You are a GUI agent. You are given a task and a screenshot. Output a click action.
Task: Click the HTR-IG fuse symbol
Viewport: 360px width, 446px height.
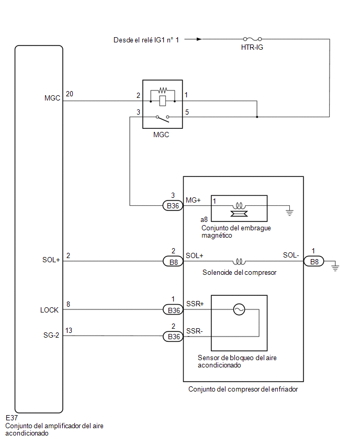point(252,39)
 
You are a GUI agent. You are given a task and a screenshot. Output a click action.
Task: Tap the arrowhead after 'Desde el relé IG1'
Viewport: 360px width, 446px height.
point(199,39)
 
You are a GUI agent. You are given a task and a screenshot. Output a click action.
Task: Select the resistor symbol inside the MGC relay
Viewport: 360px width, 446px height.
point(163,91)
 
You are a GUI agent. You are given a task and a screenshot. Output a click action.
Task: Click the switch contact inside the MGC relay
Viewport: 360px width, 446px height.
point(163,118)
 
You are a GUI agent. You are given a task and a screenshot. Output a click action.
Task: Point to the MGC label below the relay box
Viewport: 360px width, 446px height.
point(161,135)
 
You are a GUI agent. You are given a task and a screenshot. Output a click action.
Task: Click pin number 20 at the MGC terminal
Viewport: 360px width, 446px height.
point(70,94)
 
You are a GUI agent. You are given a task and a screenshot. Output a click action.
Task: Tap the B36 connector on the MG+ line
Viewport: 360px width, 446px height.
point(173,206)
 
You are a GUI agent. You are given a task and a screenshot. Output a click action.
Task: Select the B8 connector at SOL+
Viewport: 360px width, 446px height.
point(173,261)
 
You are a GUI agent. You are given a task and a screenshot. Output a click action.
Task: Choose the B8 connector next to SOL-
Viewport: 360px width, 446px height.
point(314,261)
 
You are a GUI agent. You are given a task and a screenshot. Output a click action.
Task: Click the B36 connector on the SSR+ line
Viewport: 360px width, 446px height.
point(173,310)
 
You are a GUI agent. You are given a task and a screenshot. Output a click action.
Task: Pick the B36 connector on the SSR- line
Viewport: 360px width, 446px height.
point(173,337)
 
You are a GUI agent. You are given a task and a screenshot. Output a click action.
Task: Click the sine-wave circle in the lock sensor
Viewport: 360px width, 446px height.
point(239,309)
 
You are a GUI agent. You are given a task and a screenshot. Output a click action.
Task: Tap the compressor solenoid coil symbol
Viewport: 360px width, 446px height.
point(239,261)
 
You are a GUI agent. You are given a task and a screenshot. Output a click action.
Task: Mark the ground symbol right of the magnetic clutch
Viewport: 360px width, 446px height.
point(289,211)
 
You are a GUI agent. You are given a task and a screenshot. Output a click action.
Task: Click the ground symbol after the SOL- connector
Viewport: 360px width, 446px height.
point(335,267)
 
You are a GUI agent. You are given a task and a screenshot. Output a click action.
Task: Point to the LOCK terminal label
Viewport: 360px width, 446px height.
point(49,310)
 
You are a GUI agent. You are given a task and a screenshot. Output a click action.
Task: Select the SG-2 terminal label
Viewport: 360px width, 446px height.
point(51,336)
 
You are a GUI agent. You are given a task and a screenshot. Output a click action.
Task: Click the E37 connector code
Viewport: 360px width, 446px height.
point(12,418)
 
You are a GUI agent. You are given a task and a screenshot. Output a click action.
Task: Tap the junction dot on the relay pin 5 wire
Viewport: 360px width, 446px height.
point(257,117)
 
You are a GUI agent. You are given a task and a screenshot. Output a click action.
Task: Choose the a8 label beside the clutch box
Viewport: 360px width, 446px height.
point(204,219)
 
